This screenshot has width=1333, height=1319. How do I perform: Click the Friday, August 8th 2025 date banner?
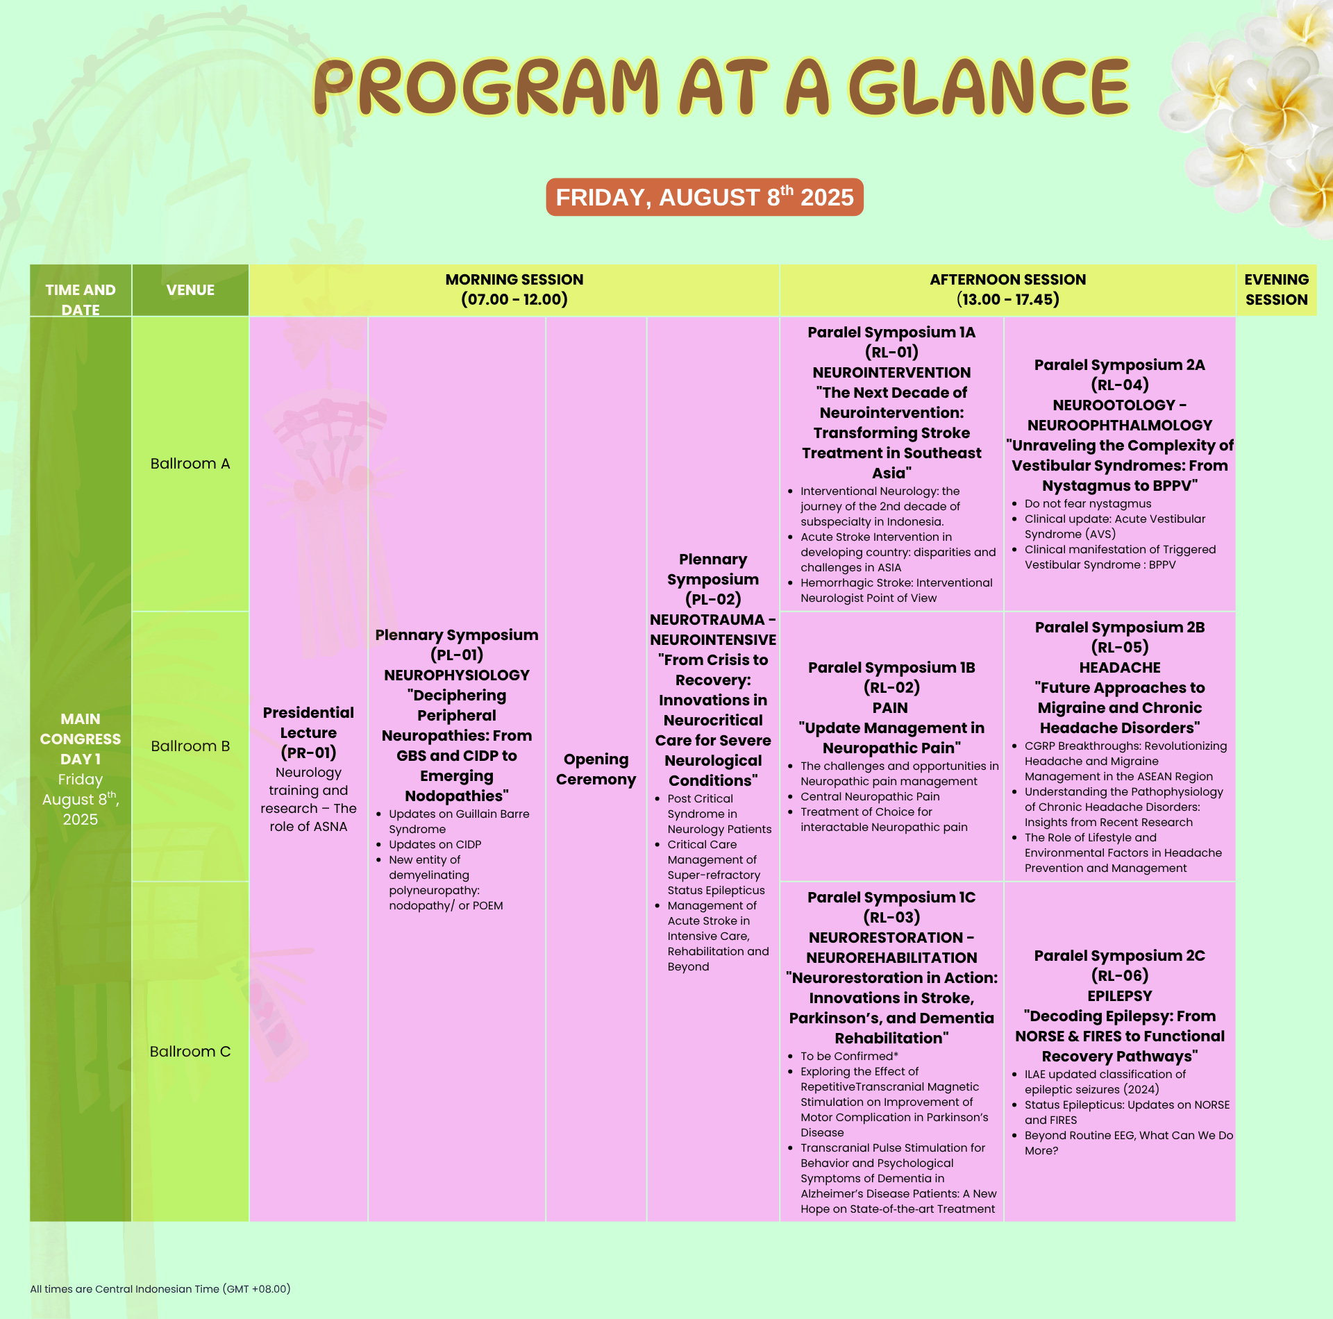[705, 197]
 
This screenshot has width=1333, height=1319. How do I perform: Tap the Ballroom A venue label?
[190, 464]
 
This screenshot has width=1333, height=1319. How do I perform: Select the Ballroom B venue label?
[190, 746]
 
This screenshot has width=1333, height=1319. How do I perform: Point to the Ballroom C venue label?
[190, 1052]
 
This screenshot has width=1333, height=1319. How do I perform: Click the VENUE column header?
[190, 290]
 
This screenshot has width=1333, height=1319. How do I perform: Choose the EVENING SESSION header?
[1276, 289]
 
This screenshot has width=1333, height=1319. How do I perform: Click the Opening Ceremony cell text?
[596, 769]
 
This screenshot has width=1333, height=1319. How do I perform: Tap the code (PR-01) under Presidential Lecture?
[308, 753]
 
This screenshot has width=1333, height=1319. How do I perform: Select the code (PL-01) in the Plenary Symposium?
[457, 655]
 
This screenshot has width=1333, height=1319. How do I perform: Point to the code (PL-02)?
[713, 599]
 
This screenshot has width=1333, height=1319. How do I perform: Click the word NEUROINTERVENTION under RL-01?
[891, 373]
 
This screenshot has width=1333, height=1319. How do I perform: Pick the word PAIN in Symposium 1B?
[890, 708]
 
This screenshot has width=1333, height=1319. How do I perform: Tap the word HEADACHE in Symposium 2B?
[1120, 668]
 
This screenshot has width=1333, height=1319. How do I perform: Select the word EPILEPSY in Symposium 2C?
[1120, 996]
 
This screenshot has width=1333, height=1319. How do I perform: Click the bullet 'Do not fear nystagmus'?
[1088, 504]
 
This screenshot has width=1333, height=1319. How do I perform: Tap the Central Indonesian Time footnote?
[160, 1289]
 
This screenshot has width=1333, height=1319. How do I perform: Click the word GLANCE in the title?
[989, 87]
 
